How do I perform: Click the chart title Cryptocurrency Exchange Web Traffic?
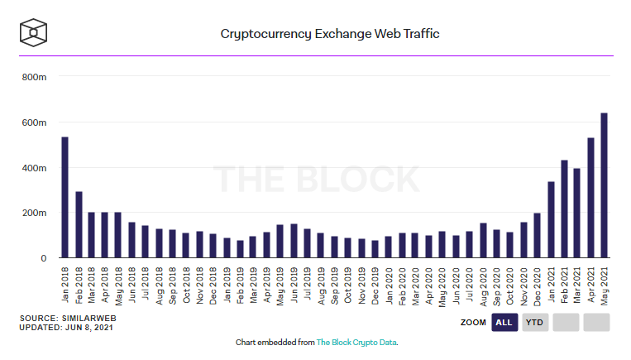pos(329,35)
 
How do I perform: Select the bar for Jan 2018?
pos(65,198)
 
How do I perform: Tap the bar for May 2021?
pos(604,185)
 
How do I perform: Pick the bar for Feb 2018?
pos(79,225)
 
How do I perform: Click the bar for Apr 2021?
pos(590,198)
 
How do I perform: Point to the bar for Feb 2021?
pos(564,209)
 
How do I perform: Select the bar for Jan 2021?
pos(551,219)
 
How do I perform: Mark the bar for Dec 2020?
pos(538,236)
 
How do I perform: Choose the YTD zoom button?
pos(534,322)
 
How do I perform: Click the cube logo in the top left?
pos(33,34)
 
